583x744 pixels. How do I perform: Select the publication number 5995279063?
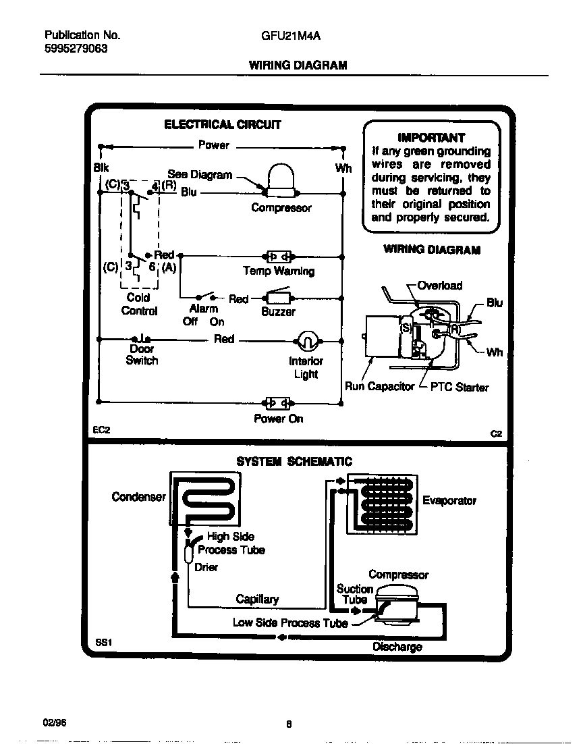(75, 49)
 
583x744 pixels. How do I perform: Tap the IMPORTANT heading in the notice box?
(431, 137)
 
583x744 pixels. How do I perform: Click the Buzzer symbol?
(278, 298)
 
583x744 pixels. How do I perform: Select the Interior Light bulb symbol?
(305, 341)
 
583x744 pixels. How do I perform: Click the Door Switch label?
(142, 355)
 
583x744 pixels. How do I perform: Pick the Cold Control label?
(138, 304)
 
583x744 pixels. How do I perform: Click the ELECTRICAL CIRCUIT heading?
(223, 124)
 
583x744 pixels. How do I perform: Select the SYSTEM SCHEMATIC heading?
(294, 462)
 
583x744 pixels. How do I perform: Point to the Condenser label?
(138, 498)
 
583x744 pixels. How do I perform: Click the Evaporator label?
(449, 500)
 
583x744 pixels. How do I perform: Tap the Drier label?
(206, 567)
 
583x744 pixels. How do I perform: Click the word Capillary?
(257, 600)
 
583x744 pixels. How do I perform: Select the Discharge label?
(397, 647)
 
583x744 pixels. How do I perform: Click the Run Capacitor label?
(379, 387)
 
